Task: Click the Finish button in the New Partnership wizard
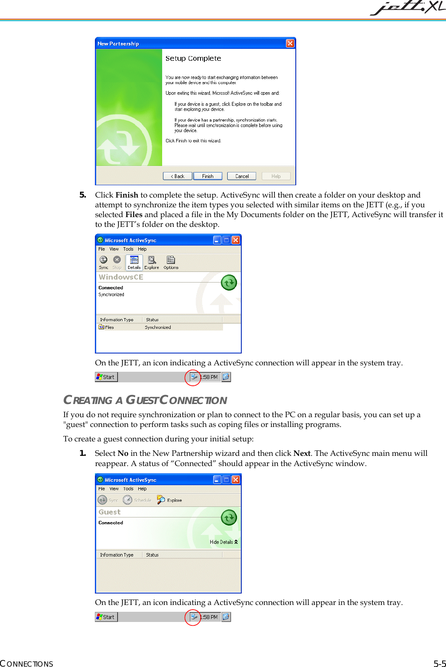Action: pyautogui.click(x=208, y=176)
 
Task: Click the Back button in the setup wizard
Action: pyautogui.click(x=177, y=176)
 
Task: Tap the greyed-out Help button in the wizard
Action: pyautogui.click(x=276, y=176)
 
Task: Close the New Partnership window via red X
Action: pyautogui.click(x=290, y=43)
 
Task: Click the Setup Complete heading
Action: pyautogui.click(x=193, y=59)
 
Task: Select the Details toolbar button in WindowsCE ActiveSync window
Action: pyautogui.click(x=134, y=263)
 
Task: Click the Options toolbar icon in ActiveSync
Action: pyautogui.click(x=171, y=263)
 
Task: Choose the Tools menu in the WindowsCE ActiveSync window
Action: pyautogui.click(x=128, y=249)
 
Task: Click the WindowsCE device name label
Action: pyautogui.click(x=121, y=277)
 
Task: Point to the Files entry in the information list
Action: pyautogui.click(x=109, y=327)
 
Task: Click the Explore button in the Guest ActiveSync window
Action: pyautogui.click(x=169, y=500)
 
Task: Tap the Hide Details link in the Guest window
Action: pyautogui.click(x=223, y=542)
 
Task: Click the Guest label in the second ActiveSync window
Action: pyautogui.click(x=109, y=512)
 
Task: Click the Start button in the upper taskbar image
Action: pyautogui.click(x=106, y=377)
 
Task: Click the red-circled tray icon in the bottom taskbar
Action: pyautogui.click(x=194, y=617)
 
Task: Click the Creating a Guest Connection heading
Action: pyautogui.click(x=145, y=400)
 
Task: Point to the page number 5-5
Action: pyautogui.click(x=439, y=664)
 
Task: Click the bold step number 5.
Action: pyautogui.click(x=83, y=195)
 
